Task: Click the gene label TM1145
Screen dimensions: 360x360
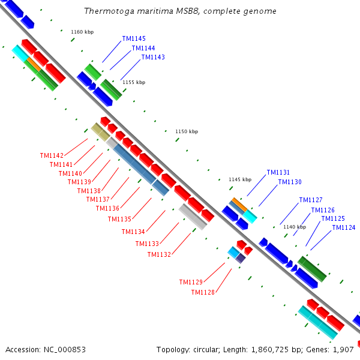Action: [134, 38]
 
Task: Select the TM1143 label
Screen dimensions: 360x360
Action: [153, 57]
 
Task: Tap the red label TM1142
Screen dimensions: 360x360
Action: [52, 155]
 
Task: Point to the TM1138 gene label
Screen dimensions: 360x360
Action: [89, 191]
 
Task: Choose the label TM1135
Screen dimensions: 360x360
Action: [119, 219]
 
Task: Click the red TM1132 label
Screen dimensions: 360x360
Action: [159, 254]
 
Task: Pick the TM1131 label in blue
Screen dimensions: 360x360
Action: [278, 172]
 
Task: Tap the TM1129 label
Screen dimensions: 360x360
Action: [191, 282]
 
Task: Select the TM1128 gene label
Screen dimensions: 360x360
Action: [203, 293]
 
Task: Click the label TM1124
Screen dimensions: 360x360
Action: [344, 227]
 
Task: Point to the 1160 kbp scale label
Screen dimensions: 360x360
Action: [82, 32]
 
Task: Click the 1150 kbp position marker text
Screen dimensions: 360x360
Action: [187, 131]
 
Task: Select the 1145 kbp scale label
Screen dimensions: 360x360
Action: [240, 179]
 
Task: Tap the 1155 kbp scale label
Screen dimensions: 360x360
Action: [134, 82]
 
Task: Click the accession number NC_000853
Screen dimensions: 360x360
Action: [65, 350]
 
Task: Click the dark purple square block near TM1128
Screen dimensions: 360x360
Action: [241, 258]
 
